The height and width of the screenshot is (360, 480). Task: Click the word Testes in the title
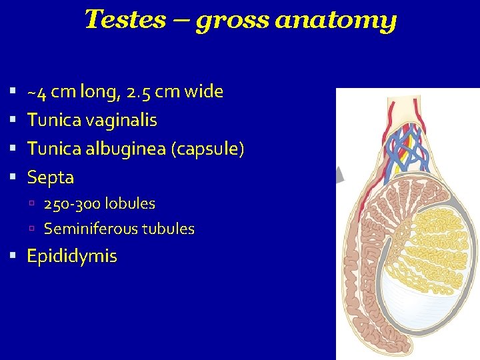125,20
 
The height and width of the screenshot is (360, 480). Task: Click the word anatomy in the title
336,21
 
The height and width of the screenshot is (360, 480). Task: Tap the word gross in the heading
232,22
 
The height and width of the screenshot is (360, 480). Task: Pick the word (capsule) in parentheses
208,149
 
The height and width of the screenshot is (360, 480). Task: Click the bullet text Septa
50,177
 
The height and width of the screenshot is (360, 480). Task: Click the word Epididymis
71,257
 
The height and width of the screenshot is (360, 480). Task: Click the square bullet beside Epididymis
13,257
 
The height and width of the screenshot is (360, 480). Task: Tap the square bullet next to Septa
13,178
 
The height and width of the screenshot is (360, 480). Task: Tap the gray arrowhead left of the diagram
339,175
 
